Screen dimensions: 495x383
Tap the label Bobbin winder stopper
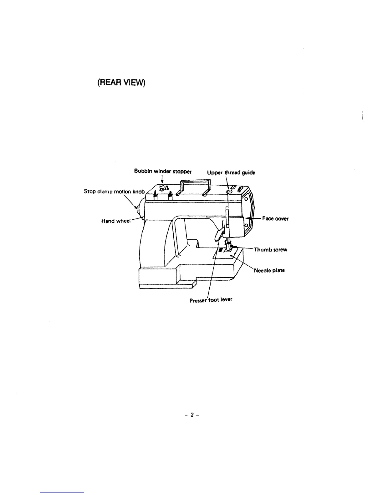pyautogui.click(x=163, y=171)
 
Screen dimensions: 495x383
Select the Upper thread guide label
pyautogui.click(x=231, y=172)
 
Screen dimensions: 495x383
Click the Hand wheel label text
pyautogui.click(x=115, y=221)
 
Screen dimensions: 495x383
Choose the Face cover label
pyautogui.click(x=275, y=218)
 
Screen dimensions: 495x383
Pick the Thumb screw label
pyautogui.click(x=270, y=250)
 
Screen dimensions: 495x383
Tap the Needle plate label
pyautogui.click(x=269, y=270)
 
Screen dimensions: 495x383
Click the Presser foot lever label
pyautogui.click(x=211, y=300)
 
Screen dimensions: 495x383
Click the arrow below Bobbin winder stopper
pyautogui.click(x=162, y=179)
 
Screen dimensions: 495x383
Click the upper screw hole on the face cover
pyautogui.click(x=246, y=199)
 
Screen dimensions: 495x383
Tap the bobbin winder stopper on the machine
pyautogui.click(x=162, y=187)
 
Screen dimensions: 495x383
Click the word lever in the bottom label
pyautogui.click(x=226, y=299)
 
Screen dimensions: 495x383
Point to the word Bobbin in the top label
pyautogui.click(x=141, y=171)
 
